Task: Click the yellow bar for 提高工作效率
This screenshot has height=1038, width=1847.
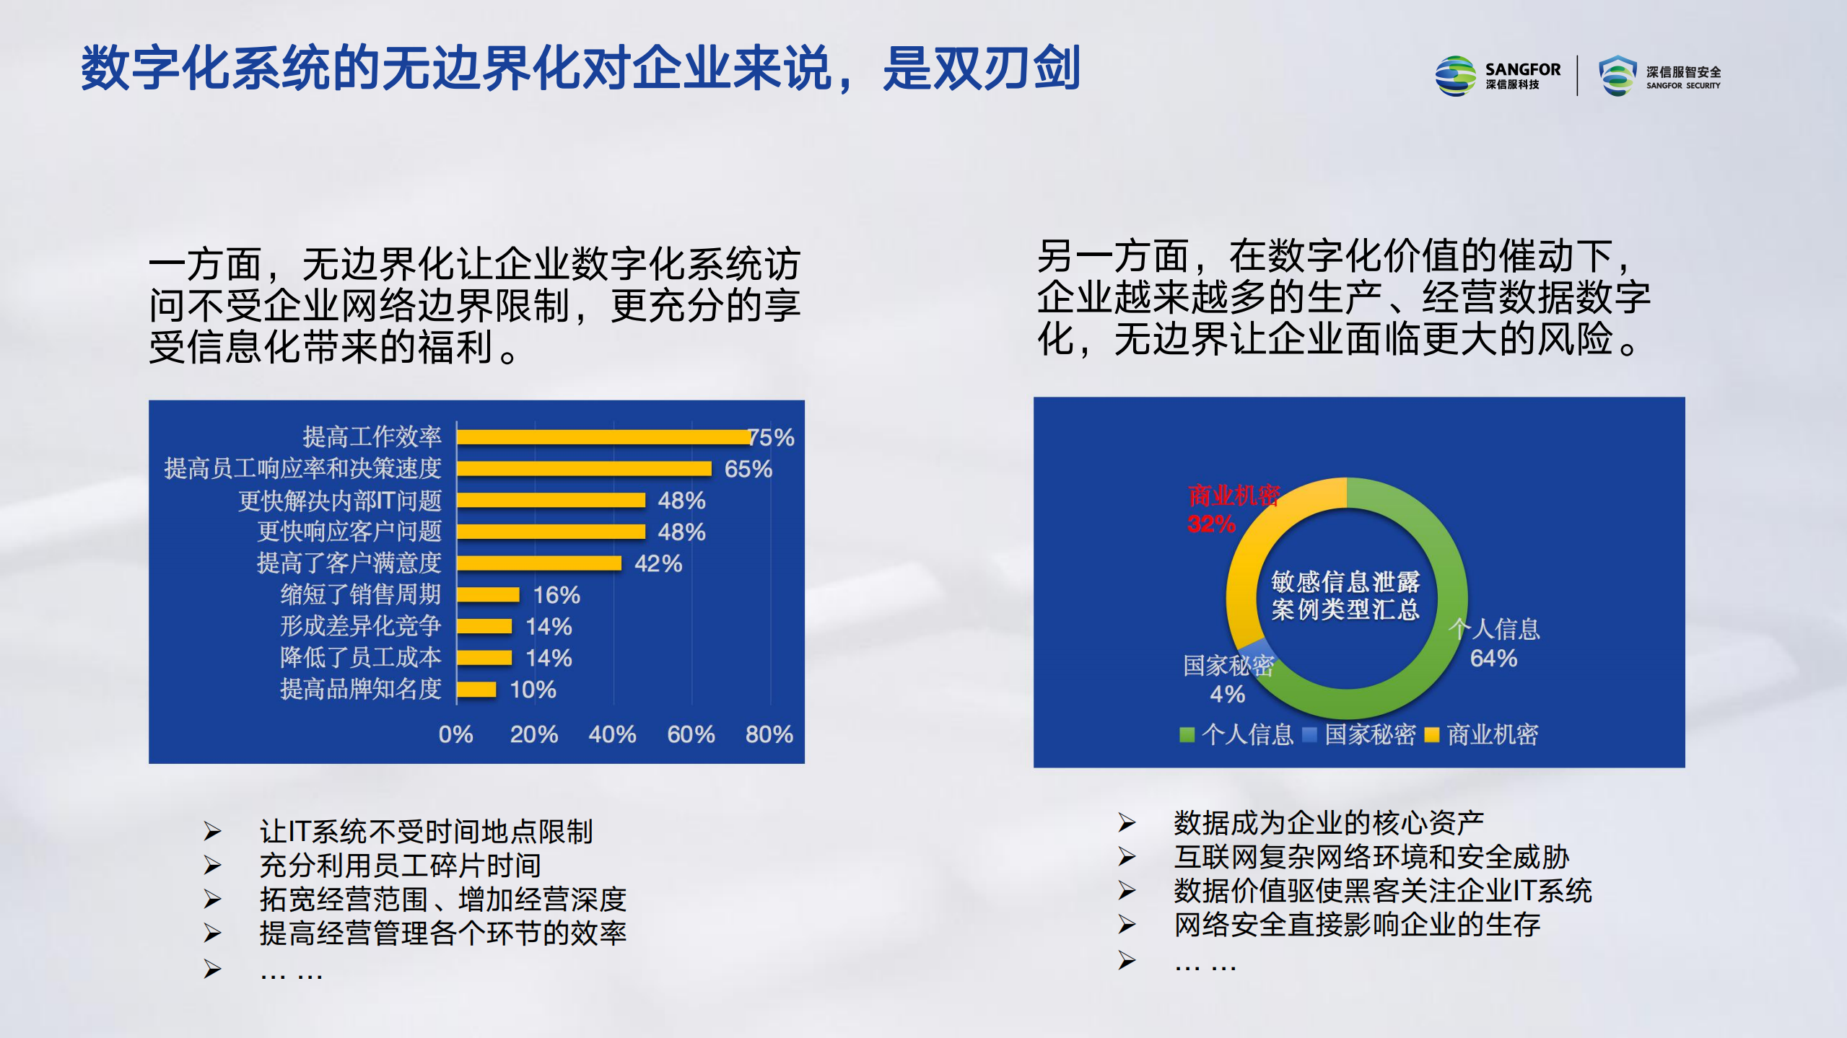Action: [603, 437]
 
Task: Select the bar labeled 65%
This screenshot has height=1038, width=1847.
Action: [584, 469]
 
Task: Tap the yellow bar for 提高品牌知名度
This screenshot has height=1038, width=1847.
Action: [476, 690]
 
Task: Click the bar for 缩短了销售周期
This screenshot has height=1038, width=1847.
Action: [488, 595]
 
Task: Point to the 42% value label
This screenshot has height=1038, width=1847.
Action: [658, 563]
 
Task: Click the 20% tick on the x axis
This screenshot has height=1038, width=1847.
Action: [533, 734]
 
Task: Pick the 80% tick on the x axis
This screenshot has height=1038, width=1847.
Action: [769, 734]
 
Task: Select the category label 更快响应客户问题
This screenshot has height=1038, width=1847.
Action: [349, 532]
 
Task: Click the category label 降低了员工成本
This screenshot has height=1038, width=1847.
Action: [360, 658]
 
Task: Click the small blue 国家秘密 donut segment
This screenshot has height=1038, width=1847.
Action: [1255, 648]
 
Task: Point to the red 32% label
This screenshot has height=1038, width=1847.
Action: [1211, 524]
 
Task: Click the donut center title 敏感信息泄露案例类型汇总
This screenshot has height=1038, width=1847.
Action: [1345, 596]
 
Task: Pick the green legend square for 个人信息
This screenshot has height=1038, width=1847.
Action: [1186, 735]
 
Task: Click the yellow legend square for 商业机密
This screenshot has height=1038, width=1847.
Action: [1431, 735]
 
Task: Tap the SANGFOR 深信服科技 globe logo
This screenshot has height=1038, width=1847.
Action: [1455, 76]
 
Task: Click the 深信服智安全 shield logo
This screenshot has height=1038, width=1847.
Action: [1617, 76]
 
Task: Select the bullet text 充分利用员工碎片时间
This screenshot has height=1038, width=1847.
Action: [400, 866]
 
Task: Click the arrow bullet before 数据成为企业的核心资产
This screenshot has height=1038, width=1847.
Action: [1127, 822]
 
